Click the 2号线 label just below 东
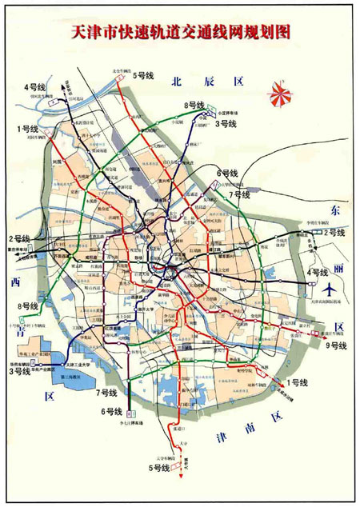[x=334, y=233]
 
